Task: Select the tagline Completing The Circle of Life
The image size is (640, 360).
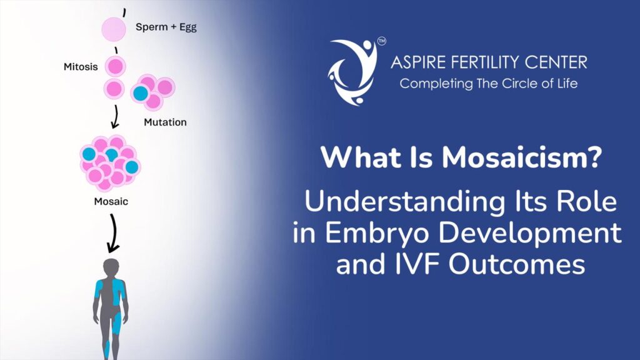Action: (489, 82)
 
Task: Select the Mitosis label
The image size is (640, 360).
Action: (81, 66)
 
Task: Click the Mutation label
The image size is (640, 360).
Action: (165, 122)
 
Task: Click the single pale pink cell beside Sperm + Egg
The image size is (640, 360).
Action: (114, 29)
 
